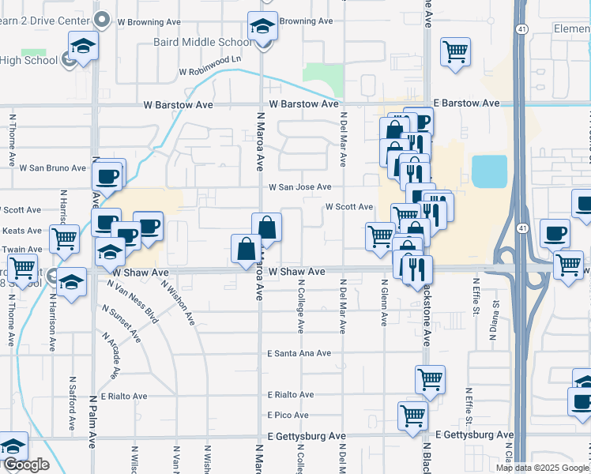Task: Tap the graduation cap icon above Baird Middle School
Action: [262, 28]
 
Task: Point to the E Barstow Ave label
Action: [466, 103]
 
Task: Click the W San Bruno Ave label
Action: [52, 168]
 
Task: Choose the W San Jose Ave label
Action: [299, 187]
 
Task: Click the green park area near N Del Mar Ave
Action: [322, 77]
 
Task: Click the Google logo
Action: [25, 465]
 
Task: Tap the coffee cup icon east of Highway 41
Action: [555, 234]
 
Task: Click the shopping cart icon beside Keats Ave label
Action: [65, 238]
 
